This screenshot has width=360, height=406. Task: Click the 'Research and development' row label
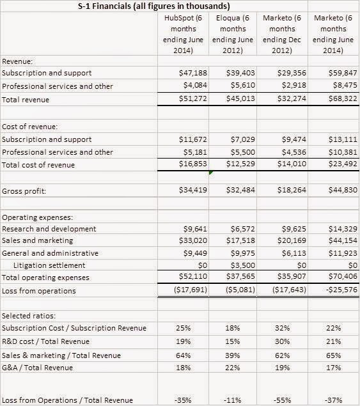tap(49, 228)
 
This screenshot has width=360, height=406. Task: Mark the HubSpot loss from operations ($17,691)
tap(183, 290)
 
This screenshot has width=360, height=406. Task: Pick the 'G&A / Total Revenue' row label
tap(38, 367)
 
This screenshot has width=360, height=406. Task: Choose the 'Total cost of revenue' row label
tap(38, 165)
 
